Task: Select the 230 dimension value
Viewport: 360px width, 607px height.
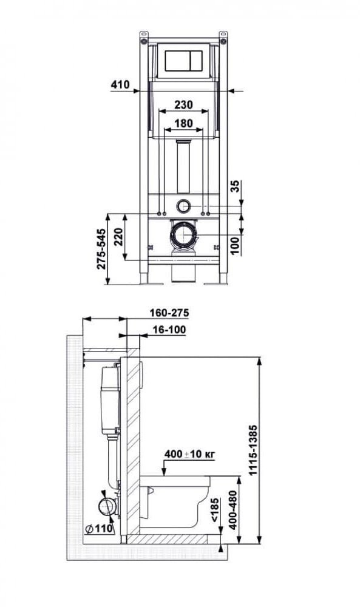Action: pos(183,104)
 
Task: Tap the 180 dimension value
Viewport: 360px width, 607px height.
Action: pos(183,123)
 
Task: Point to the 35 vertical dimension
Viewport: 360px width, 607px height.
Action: pos(236,186)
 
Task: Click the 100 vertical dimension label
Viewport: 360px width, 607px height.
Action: pos(236,245)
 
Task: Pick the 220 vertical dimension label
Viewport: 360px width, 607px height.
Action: pos(118,237)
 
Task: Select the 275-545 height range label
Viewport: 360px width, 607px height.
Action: pos(101,249)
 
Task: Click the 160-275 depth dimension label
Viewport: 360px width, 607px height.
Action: pos(169,313)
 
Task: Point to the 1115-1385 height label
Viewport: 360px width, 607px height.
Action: pos(253,450)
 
